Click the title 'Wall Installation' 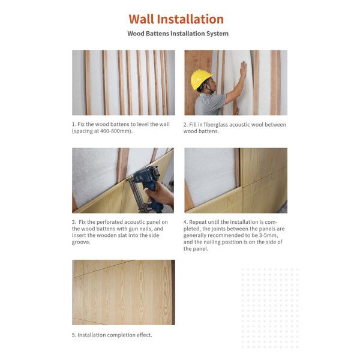click(176, 19)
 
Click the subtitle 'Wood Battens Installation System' click(178, 34)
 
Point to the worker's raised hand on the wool click(242, 68)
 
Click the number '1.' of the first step click(74, 124)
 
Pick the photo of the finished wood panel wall click(124, 292)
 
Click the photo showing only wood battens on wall click(124, 82)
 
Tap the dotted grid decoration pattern click(269, 307)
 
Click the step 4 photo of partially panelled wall click(236, 180)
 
